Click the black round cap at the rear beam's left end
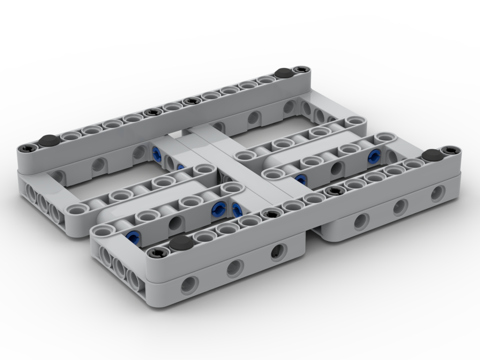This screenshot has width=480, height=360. point(48,140)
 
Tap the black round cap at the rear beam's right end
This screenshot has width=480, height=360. point(283,73)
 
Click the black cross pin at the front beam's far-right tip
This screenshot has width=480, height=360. point(450,150)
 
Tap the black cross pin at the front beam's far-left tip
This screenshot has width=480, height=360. point(155,254)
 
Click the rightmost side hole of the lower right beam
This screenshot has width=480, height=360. point(438,193)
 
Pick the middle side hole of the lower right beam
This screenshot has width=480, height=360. point(399,206)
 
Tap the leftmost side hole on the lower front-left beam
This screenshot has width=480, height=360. point(190,284)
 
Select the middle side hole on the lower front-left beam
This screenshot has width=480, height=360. point(234,268)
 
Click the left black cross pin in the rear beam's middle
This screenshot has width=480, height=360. point(151,112)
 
